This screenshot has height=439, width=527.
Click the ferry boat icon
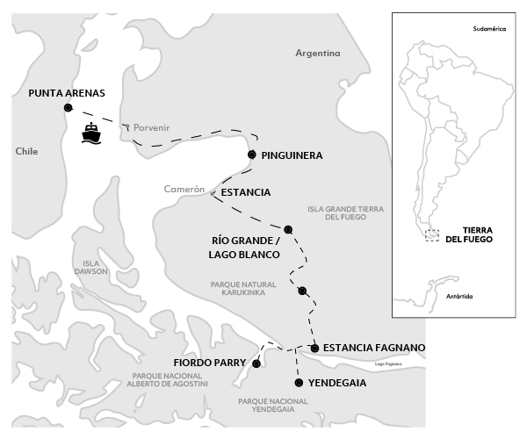92,133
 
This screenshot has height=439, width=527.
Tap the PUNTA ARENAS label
67,91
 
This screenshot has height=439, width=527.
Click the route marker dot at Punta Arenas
68,108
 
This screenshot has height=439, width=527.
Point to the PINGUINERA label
292,155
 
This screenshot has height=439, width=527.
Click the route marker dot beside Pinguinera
252,155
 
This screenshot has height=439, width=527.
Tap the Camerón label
184,190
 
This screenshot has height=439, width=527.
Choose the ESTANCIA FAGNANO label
374,349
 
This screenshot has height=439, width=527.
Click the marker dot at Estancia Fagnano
314,349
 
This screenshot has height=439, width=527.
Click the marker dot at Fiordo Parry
256,363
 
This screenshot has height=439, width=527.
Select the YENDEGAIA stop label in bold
337,384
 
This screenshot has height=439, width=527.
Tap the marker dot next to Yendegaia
300,383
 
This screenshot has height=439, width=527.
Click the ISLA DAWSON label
94,267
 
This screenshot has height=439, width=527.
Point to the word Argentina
317,54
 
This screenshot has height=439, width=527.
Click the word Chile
27,152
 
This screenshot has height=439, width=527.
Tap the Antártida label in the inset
459,297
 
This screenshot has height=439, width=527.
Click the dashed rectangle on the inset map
431,234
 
